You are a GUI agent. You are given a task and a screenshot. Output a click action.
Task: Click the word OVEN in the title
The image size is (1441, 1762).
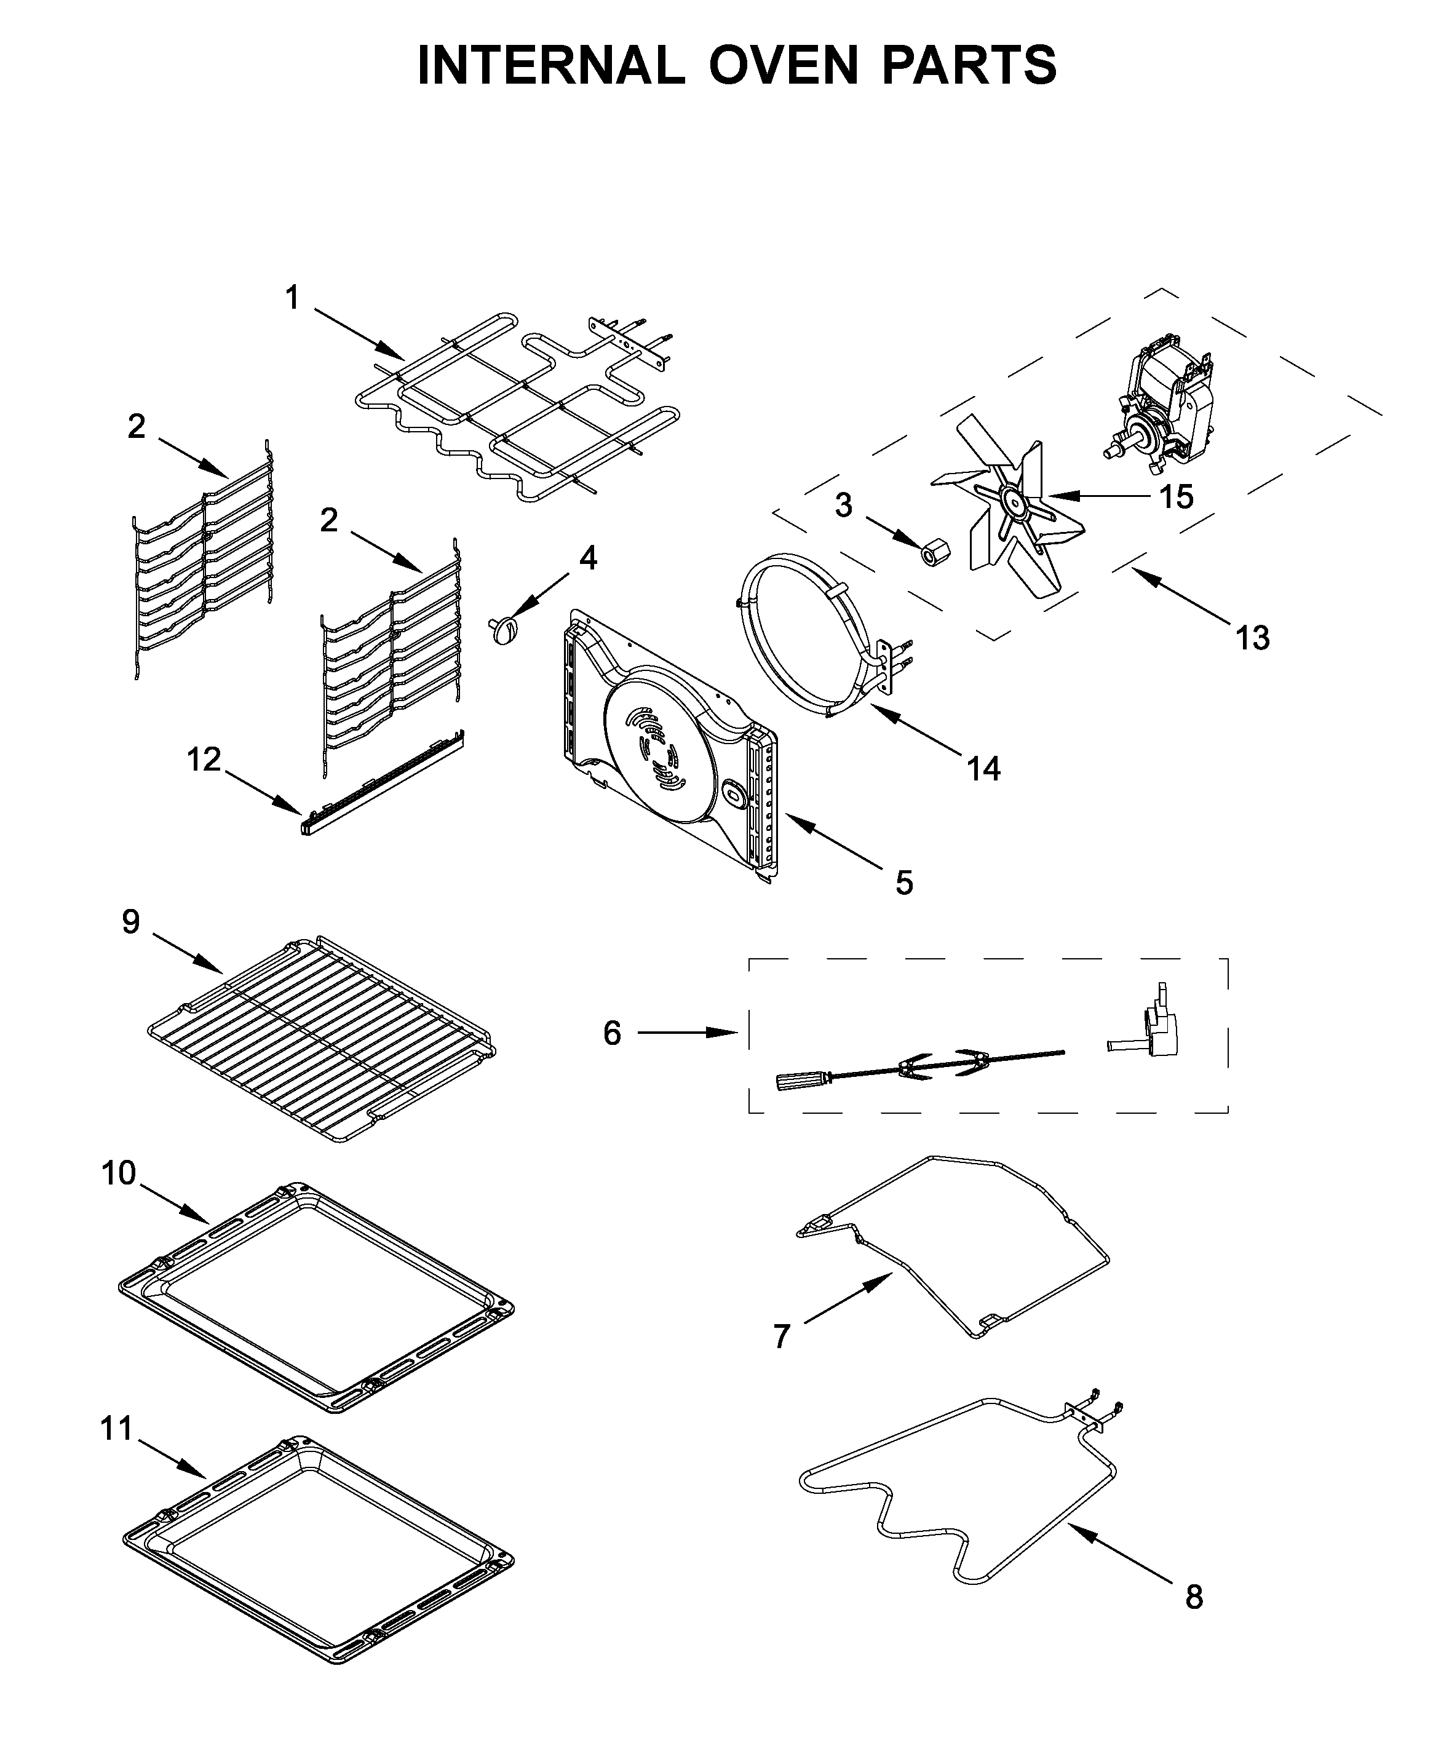783,65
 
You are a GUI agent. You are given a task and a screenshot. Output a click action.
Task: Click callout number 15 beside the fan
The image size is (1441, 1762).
1175,497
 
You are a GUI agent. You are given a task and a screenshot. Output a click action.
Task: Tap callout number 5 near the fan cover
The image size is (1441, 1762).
904,883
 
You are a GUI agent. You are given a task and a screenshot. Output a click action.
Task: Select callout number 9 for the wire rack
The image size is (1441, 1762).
131,922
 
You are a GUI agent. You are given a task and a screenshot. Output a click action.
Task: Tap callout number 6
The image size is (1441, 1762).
612,1033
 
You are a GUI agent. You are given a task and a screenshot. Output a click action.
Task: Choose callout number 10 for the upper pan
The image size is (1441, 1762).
119,1173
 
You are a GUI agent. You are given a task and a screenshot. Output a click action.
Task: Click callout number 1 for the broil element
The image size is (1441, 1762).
292,298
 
